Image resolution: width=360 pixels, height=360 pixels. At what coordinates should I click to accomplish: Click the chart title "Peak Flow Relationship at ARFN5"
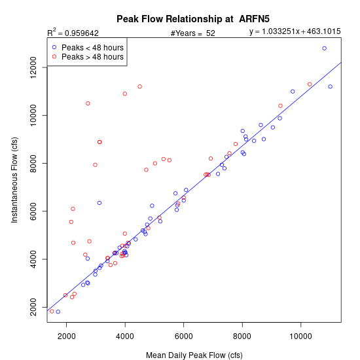[x=193, y=19]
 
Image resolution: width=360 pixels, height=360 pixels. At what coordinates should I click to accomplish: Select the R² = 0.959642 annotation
[x=73, y=33]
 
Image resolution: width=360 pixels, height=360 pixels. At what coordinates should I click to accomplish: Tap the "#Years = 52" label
[x=193, y=33]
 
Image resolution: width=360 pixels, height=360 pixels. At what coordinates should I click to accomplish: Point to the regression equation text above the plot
[x=295, y=31]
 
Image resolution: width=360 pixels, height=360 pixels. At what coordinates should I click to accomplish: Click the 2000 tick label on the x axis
[x=67, y=336]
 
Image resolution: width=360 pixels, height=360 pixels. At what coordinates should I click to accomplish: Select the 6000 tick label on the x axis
[x=184, y=336]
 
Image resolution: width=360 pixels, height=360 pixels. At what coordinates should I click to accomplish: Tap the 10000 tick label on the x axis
[x=301, y=336]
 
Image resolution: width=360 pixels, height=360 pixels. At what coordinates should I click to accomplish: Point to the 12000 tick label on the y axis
[x=33, y=67]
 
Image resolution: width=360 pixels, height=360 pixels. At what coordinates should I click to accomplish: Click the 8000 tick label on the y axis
[x=33, y=163]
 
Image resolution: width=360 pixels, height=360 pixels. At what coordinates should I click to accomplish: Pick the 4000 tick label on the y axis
[x=33, y=259]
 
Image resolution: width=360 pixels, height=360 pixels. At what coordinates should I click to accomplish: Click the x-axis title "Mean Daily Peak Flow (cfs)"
[x=194, y=355]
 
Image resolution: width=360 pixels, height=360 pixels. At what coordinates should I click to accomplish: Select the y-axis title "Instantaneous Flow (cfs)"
[x=14, y=180]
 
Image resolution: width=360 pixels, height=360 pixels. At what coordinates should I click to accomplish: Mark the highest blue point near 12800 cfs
[x=325, y=48]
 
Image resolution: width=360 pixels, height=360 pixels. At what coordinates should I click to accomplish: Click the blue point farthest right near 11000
[x=330, y=86]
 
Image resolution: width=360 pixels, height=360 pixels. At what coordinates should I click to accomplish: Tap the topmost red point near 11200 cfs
[x=140, y=86]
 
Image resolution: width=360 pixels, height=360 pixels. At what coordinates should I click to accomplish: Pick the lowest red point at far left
[x=52, y=312]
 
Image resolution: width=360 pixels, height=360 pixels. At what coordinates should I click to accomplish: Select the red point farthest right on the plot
[x=310, y=84]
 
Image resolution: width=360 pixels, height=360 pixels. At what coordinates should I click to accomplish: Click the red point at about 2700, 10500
[x=88, y=103]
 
